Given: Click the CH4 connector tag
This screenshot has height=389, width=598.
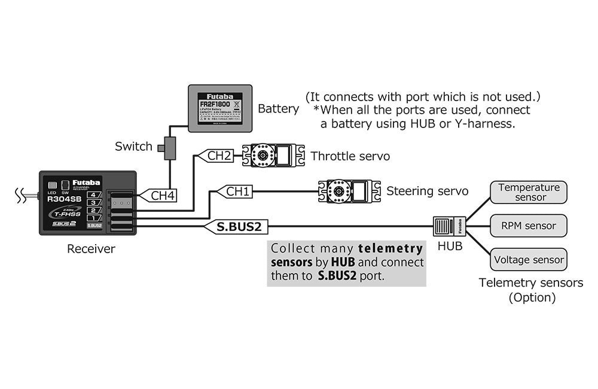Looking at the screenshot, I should click(x=160, y=195).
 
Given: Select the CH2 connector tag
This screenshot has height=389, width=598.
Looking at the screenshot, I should click(x=216, y=156).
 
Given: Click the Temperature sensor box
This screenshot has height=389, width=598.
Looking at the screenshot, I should click(x=529, y=192).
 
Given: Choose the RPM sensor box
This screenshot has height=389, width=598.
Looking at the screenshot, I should click(x=529, y=226).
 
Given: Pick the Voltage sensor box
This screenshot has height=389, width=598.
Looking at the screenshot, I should click(x=529, y=260).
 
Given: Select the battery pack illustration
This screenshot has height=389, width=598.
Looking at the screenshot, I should click(x=220, y=108).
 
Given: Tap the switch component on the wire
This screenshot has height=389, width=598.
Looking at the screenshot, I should click(x=169, y=147).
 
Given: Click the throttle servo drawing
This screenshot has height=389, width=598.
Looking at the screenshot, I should click(x=273, y=156).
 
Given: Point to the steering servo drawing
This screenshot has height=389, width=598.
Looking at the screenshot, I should click(x=349, y=191).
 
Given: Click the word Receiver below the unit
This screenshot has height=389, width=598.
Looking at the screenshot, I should click(x=91, y=249).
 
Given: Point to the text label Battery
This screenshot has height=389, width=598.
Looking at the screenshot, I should click(x=278, y=109).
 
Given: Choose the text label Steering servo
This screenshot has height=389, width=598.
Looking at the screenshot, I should click(x=427, y=192).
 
